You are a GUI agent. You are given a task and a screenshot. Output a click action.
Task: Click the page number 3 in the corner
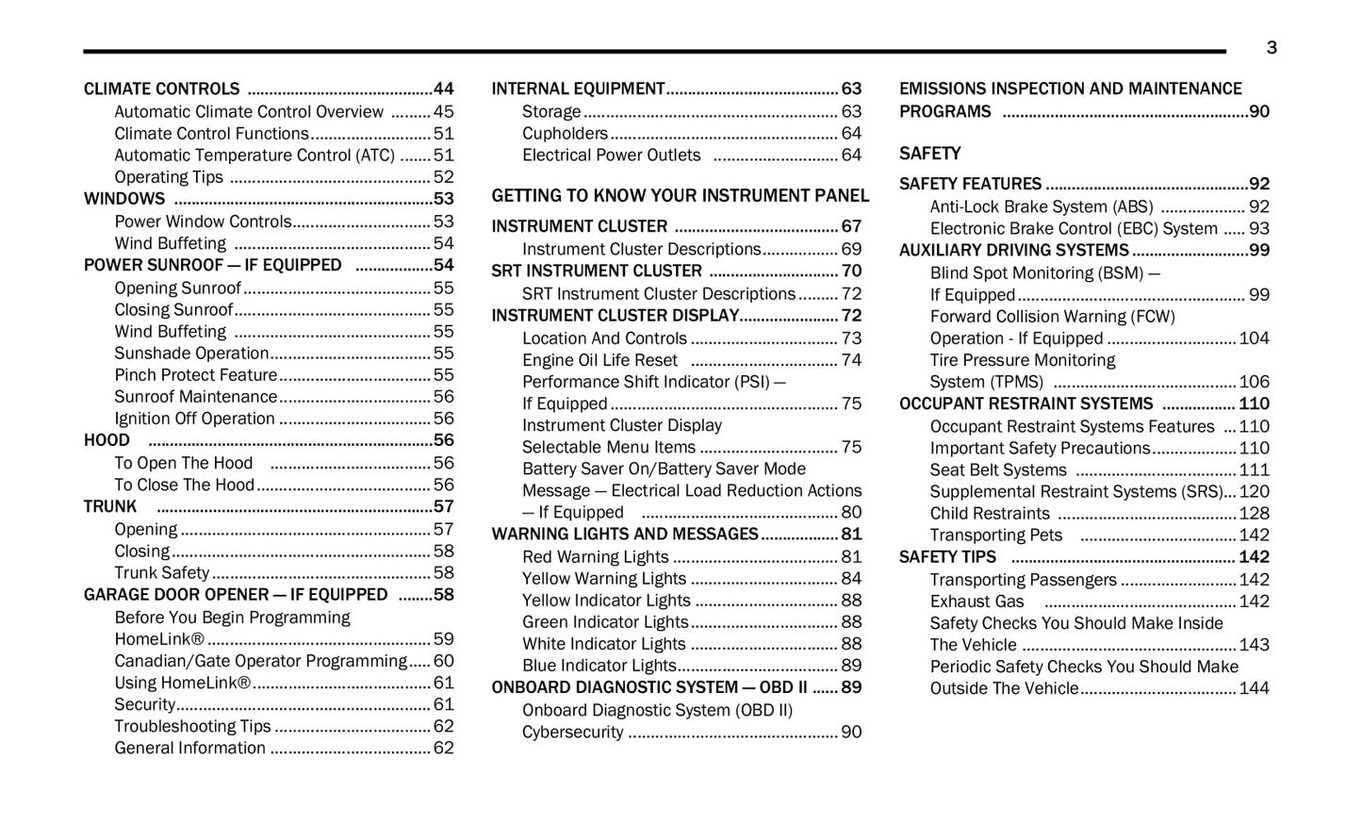tap(1271, 48)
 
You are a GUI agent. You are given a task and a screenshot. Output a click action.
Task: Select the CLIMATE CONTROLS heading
tap(161, 90)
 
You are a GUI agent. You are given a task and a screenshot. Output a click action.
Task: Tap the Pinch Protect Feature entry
tap(195, 375)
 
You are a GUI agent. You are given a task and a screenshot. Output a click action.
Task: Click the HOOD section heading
tap(107, 440)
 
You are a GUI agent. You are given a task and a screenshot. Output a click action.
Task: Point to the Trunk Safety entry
tap(161, 573)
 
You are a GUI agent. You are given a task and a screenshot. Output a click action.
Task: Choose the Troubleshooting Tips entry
tap(192, 726)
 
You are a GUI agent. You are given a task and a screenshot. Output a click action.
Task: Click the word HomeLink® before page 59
tap(158, 639)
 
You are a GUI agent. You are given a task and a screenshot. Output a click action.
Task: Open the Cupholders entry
tap(565, 134)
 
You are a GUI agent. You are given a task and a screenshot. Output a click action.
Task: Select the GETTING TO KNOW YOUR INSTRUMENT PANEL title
tap(680, 196)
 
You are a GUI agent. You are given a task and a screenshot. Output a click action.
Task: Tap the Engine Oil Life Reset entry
tap(599, 360)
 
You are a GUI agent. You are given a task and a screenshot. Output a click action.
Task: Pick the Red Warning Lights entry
tap(595, 557)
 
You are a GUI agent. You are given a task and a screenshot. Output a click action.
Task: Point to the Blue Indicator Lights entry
tap(599, 666)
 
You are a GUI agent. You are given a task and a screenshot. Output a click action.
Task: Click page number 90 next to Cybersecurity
tap(850, 732)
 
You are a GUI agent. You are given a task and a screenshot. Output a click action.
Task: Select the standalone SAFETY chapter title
tap(929, 154)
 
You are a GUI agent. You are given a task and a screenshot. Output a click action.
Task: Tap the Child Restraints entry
tap(989, 514)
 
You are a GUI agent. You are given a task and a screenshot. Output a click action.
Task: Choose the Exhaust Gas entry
tap(976, 602)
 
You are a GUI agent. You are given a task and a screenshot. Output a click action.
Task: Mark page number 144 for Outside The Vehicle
tap(1254, 688)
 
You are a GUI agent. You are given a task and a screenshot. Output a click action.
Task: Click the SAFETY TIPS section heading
tap(946, 557)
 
